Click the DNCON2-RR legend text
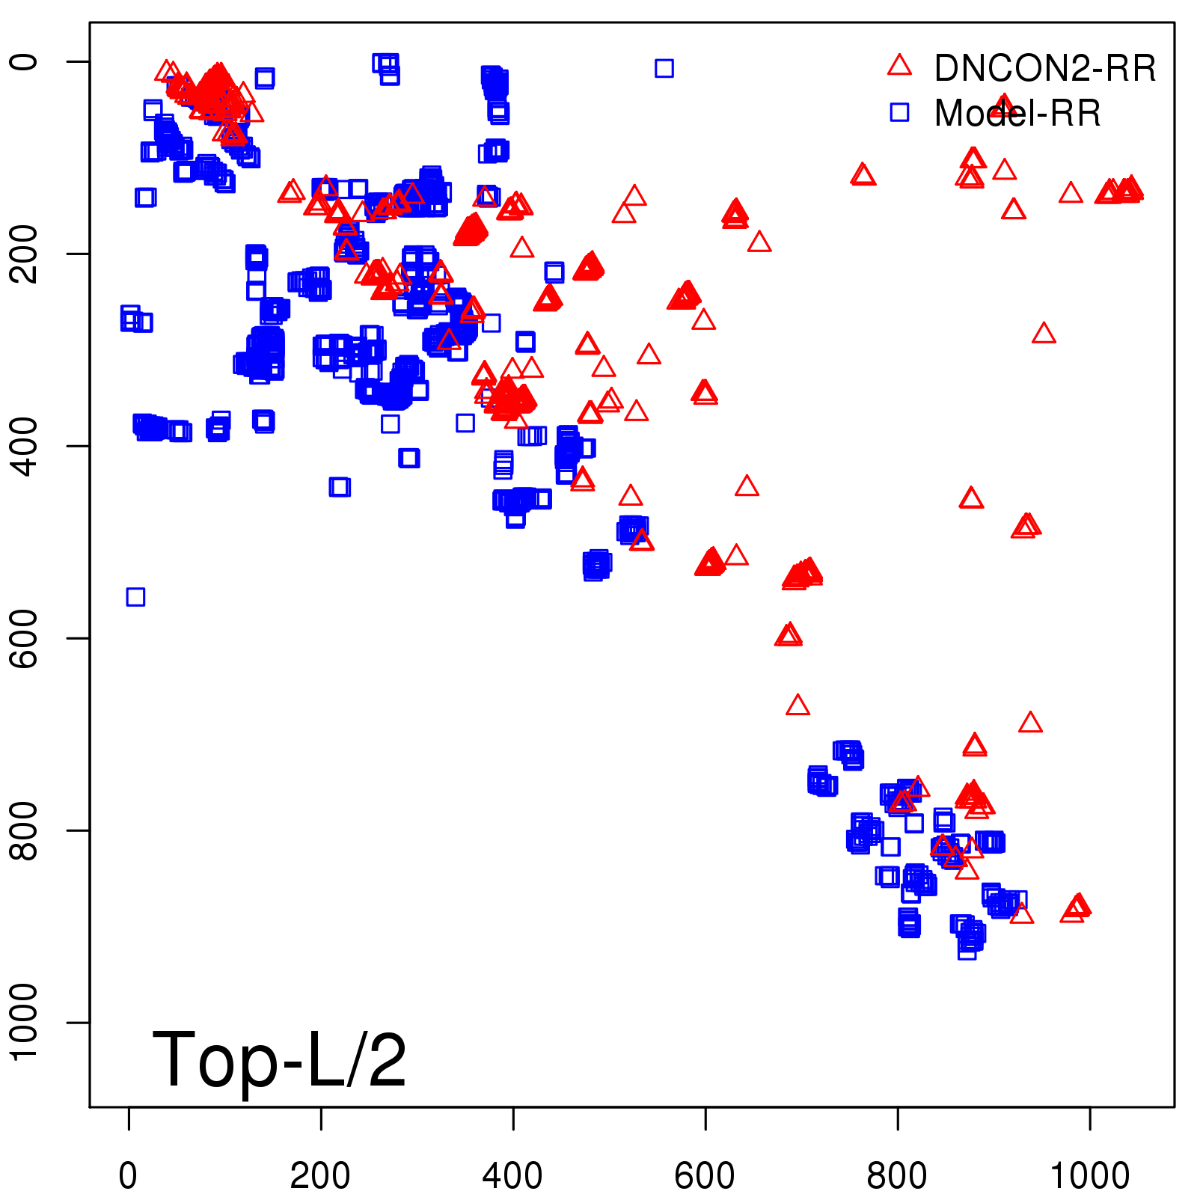click(x=1044, y=68)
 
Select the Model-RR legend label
click(x=1017, y=114)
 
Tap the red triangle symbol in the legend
click(x=899, y=65)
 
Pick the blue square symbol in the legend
click(x=899, y=112)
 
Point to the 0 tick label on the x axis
click(x=129, y=1176)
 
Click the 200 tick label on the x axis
click(x=320, y=1176)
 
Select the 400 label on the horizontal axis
click(x=512, y=1176)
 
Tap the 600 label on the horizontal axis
click(x=705, y=1176)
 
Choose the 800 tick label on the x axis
click(x=897, y=1176)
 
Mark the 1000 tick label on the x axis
click(x=1090, y=1176)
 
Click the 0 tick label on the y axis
click(x=24, y=61)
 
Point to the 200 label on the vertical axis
click(x=24, y=254)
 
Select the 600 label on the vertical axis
click(x=24, y=638)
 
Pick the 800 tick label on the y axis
click(x=24, y=830)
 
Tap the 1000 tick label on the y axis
click(x=24, y=1022)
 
